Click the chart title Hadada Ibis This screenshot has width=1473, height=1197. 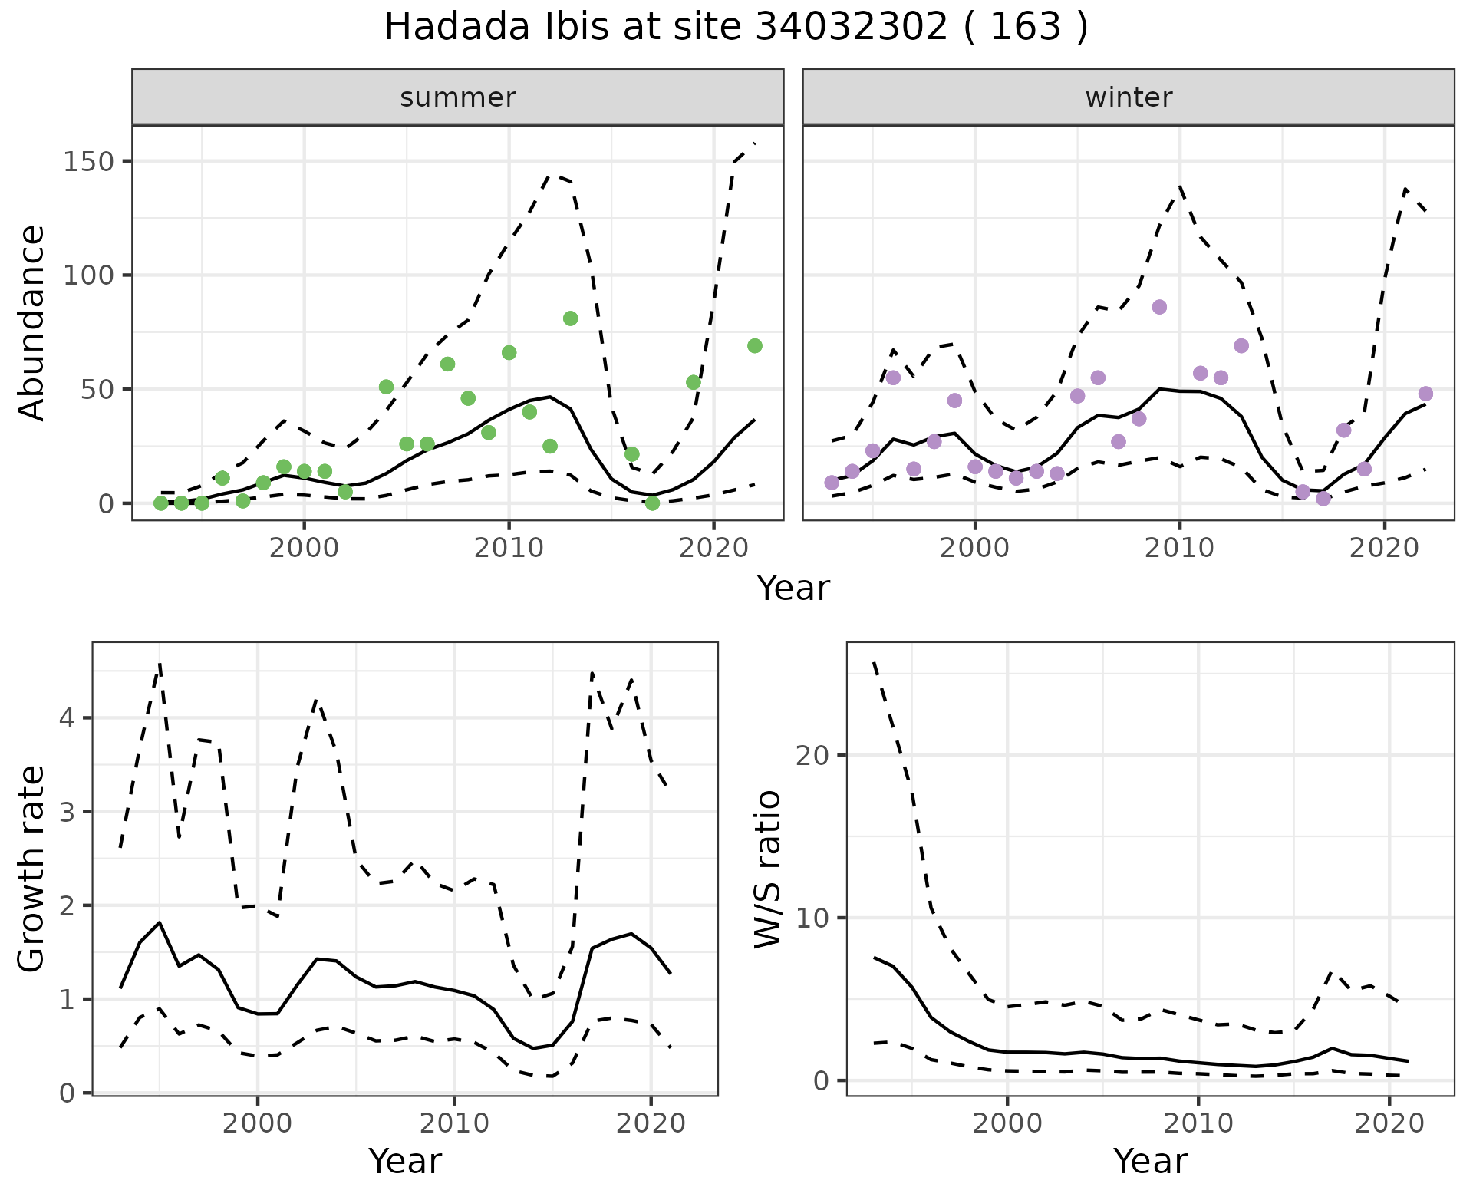pos(736,28)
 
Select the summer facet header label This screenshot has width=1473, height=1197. pos(458,97)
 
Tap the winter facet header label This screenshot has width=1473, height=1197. pos(1129,97)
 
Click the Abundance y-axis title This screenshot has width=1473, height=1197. pos(32,323)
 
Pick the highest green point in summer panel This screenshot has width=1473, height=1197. pos(570,318)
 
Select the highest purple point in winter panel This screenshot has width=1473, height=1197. pos(1159,307)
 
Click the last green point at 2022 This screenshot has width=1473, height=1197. pos(755,346)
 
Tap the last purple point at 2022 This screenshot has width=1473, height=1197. pos(1425,394)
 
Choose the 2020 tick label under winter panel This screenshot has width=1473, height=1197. pos(1385,549)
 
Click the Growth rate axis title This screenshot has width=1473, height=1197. pos(32,869)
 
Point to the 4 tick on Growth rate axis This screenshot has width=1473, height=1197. pos(68,718)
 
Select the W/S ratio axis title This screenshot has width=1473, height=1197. pos(768,869)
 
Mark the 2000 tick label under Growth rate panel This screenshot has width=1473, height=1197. pos(258,1124)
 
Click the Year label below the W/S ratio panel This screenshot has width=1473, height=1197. pos(1150,1162)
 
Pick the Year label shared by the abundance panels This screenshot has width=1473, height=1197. pos(793,589)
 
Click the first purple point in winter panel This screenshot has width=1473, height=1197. pos(832,483)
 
